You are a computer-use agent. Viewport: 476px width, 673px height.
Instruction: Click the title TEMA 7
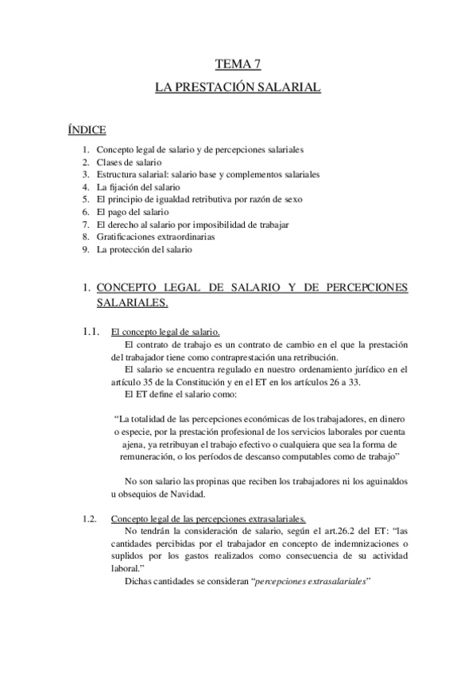point(238,64)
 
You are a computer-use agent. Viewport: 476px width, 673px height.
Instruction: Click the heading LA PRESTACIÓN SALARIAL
point(238,89)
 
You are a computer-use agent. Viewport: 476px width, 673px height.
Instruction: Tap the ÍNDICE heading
point(87,129)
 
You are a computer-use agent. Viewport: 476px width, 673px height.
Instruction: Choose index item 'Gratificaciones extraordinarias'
point(156,237)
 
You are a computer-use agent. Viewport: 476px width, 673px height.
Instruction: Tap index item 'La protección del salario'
point(144,249)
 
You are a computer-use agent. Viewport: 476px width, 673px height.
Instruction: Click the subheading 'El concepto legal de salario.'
point(165,332)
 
